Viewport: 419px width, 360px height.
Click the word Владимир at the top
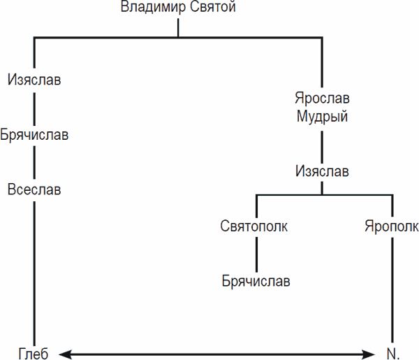[x=154, y=8]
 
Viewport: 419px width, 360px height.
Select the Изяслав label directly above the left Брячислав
[x=34, y=80]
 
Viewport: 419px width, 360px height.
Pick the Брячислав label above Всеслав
[x=34, y=134]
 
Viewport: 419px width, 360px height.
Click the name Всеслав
[x=34, y=189]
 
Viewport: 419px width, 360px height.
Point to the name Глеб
[x=34, y=352]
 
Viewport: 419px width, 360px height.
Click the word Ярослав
[x=322, y=98]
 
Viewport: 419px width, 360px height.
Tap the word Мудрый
[x=322, y=116]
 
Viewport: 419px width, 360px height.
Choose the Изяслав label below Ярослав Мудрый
[x=322, y=171]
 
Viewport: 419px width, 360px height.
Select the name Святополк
[x=254, y=226]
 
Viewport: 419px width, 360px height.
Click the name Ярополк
[x=392, y=226]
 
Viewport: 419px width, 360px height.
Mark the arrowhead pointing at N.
[x=372, y=353]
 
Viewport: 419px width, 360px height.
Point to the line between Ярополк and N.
[x=392, y=290]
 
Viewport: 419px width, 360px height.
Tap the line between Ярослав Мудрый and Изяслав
[x=322, y=143]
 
